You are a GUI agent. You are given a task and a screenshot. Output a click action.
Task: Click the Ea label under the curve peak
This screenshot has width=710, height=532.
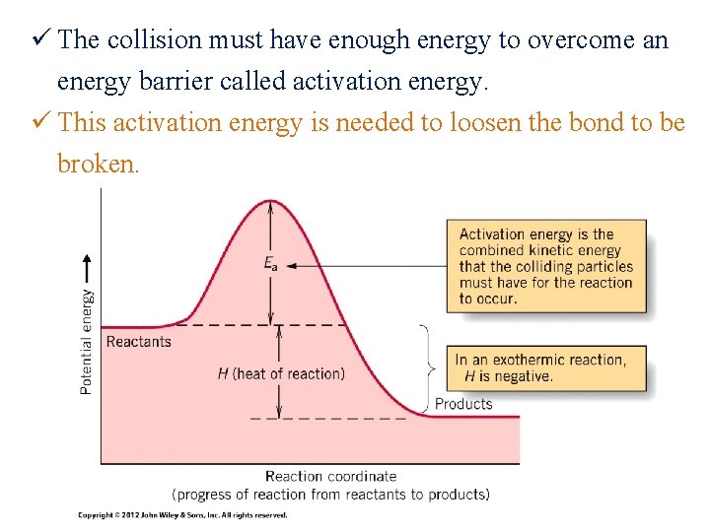270,263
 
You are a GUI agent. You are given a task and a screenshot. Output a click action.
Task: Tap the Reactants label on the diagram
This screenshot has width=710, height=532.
138,342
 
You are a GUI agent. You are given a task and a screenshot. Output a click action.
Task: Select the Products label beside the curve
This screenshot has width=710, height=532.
463,404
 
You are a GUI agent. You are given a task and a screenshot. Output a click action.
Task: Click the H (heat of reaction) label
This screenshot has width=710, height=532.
281,373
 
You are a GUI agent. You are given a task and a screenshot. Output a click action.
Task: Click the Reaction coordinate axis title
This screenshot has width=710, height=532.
330,477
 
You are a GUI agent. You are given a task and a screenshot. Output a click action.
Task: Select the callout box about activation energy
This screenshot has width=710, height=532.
546,266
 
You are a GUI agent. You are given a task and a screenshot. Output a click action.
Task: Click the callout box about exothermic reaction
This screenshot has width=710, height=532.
548,367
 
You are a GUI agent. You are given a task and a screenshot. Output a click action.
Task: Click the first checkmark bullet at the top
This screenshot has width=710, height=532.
41,40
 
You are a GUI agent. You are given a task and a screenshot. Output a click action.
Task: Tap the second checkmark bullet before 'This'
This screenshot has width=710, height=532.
41,122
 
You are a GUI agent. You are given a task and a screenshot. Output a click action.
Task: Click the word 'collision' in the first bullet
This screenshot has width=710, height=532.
147,40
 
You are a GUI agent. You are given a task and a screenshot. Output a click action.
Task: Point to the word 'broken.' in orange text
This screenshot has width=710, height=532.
99,164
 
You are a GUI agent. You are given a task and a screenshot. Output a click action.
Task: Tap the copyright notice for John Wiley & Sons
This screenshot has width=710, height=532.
182,515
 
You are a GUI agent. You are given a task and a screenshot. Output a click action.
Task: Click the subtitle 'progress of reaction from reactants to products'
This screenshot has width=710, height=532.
330,494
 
